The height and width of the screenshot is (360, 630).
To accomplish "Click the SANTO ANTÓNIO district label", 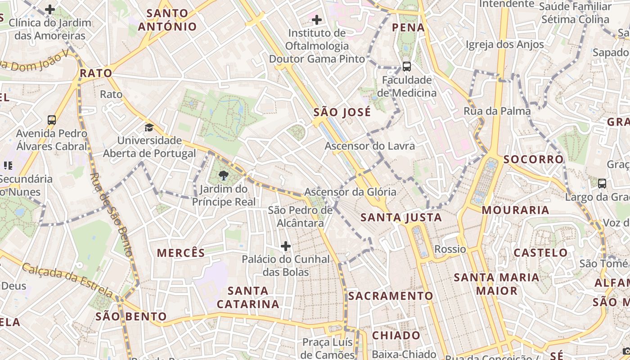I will (167, 20).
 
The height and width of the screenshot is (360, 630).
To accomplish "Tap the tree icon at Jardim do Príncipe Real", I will (223, 175).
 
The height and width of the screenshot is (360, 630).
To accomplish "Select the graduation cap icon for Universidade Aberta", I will (149, 127).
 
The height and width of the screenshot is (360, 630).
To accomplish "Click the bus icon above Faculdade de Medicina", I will (407, 67).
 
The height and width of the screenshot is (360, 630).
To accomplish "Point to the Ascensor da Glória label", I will (350, 192).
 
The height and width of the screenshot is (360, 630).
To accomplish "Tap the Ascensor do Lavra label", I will (369, 146).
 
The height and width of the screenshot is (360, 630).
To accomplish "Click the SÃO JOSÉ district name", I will (342, 112).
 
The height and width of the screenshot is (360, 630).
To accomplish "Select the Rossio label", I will (450, 249).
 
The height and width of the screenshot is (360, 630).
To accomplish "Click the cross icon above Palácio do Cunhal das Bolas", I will (285, 246).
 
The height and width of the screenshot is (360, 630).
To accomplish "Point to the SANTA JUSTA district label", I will (401, 218).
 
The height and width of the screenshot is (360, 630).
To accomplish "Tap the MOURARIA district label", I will (515, 210).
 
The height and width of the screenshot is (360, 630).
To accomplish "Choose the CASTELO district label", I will (541, 252).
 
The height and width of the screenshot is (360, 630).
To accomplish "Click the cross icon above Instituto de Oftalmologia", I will (317, 20).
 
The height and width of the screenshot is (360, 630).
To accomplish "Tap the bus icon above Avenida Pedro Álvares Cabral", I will (52, 120).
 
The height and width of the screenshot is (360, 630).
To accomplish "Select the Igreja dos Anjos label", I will (504, 45).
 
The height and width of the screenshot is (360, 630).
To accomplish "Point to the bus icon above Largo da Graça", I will (602, 184).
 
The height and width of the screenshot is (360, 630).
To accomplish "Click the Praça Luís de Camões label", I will (328, 348).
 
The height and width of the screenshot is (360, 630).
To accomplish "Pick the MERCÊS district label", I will (181, 253).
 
